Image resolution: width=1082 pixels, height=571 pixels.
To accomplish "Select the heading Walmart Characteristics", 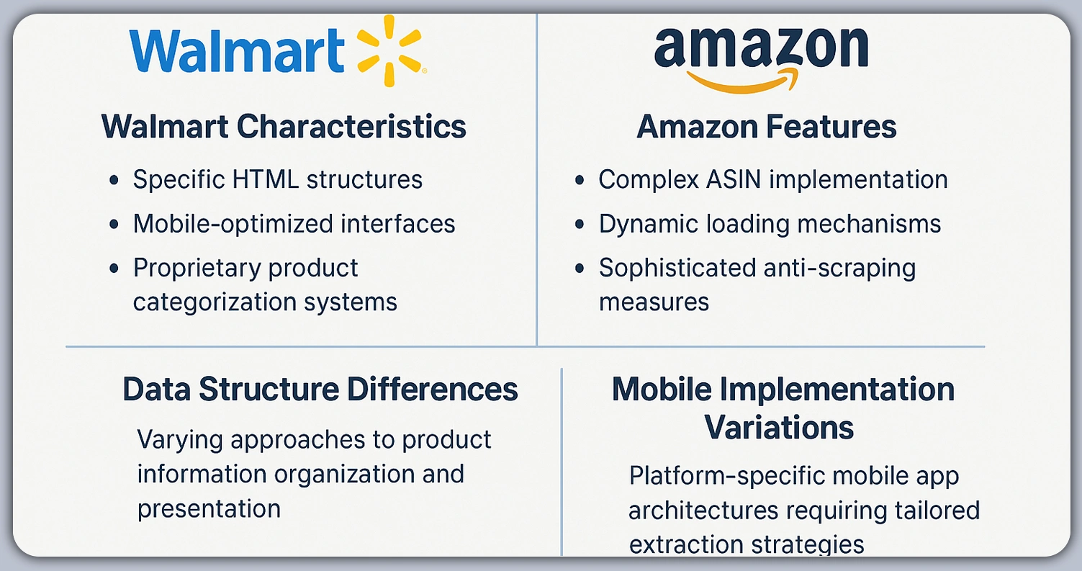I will point(284,127).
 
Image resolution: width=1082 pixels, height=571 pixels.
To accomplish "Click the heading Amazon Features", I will point(767,127).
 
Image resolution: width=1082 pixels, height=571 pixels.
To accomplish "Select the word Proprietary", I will point(184,268).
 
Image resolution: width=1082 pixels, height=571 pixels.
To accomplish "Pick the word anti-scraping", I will point(837,268).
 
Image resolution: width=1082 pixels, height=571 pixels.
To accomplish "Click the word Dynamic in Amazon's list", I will point(644,224).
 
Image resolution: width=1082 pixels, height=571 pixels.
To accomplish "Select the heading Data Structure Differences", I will point(320,390).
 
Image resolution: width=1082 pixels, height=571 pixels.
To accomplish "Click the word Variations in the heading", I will point(779,427).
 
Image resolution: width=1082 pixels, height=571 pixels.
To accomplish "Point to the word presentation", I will point(209,508).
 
